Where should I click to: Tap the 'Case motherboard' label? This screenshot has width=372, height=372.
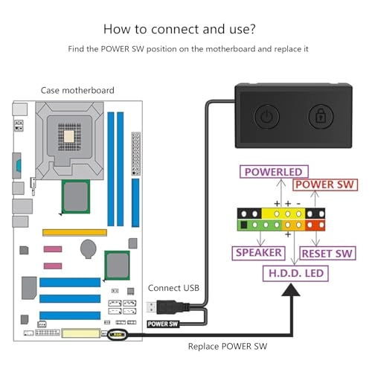(x=77, y=90)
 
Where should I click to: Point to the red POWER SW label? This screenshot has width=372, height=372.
(x=324, y=185)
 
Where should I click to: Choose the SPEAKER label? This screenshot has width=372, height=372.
(x=258, y=253)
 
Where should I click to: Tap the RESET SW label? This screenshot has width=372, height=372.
(x=327, y=253)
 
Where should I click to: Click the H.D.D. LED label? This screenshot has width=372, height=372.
(x=295, y=274)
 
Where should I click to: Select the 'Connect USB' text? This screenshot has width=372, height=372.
(x=173, y=288)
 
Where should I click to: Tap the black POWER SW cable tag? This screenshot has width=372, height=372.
(x=165, y=324)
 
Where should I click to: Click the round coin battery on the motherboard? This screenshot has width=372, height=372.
(x=89, y=246)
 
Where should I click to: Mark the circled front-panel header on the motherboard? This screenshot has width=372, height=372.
(x=117, y=335)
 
